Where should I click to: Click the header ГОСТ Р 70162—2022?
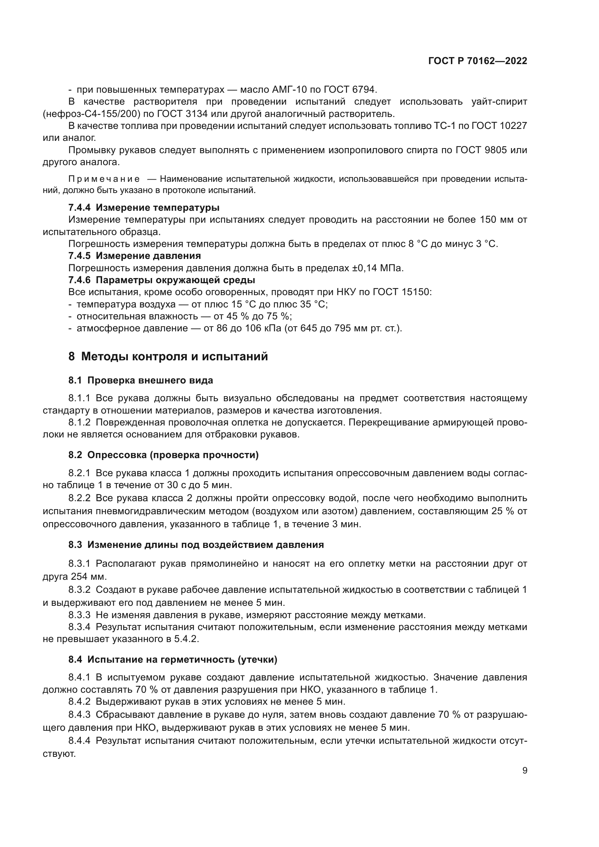(478, 61)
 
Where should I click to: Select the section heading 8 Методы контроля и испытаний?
(168, 356)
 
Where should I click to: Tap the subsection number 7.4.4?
(79, 207)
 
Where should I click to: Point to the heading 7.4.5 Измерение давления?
(135, 256)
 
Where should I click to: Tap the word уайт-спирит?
(499, 101)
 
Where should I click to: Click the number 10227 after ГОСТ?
(513, 126)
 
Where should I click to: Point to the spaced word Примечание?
(104, 179)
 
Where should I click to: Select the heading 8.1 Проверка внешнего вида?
(141, 380)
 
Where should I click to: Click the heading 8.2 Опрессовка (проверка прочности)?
(163, 455)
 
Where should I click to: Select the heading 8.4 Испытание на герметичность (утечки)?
(173, 659)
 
